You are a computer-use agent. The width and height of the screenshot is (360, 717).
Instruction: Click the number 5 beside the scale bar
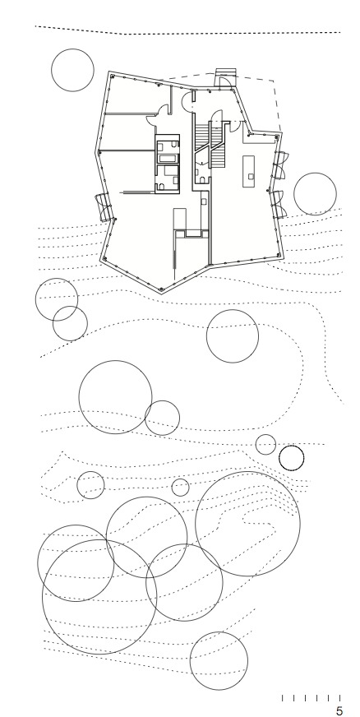[339, 710]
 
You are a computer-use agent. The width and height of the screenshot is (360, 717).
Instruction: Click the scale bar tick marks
[312, 698]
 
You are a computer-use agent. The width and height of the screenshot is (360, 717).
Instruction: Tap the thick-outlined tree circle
[292, 458]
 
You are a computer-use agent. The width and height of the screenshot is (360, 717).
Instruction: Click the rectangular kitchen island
[249, 171]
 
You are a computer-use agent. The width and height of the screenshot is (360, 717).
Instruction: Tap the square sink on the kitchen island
[251, 175]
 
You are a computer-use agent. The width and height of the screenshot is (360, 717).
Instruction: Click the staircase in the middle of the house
[210, 144]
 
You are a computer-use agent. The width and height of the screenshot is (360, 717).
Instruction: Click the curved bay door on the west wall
[105, 207]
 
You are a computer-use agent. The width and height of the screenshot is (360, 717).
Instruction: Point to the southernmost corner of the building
[161, 293]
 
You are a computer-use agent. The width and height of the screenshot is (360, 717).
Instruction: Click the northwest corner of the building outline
[109, 72]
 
